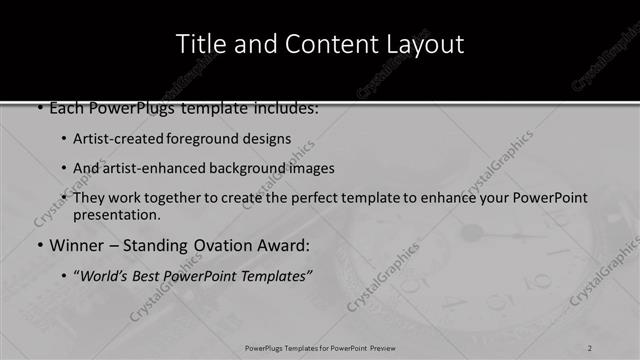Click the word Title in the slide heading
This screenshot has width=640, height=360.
[x=200, y=44]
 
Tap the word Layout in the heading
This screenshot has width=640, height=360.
[x=428, y=44]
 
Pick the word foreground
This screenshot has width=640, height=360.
[x=206, y=139]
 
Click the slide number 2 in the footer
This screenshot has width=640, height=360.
[x=590, y=347]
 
